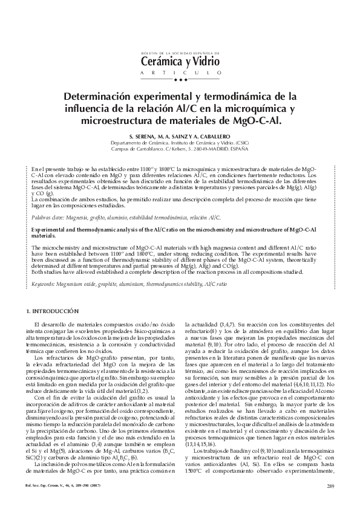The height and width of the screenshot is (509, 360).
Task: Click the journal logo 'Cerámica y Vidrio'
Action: pos(180,60)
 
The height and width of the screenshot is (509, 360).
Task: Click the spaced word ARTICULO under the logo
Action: pos(180,73)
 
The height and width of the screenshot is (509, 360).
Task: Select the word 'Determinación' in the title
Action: pos(102,96)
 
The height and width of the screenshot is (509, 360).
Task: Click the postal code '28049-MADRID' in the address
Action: pos(205,149)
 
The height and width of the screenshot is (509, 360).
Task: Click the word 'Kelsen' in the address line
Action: pos(180,149)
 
